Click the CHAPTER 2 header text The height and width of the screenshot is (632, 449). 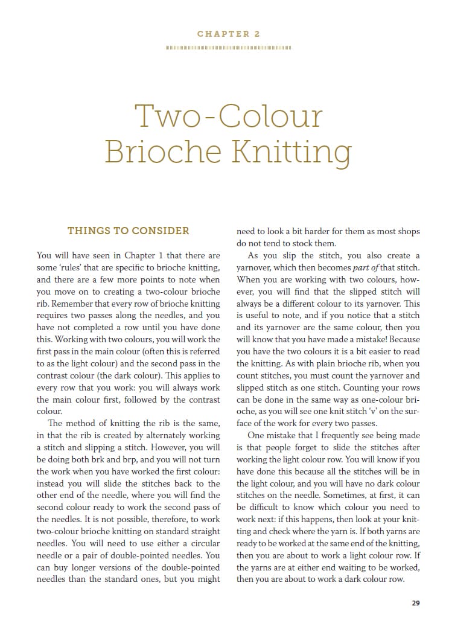[228, 34]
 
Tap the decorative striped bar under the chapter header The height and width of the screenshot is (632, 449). [228, 47]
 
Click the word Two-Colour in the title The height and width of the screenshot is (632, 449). [228, 116]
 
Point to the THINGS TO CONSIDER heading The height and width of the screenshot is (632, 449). [128, 231]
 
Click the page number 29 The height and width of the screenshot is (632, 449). [416, 602]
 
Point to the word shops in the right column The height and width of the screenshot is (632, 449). [408, 231]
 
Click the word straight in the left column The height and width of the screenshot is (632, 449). [204, 531]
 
